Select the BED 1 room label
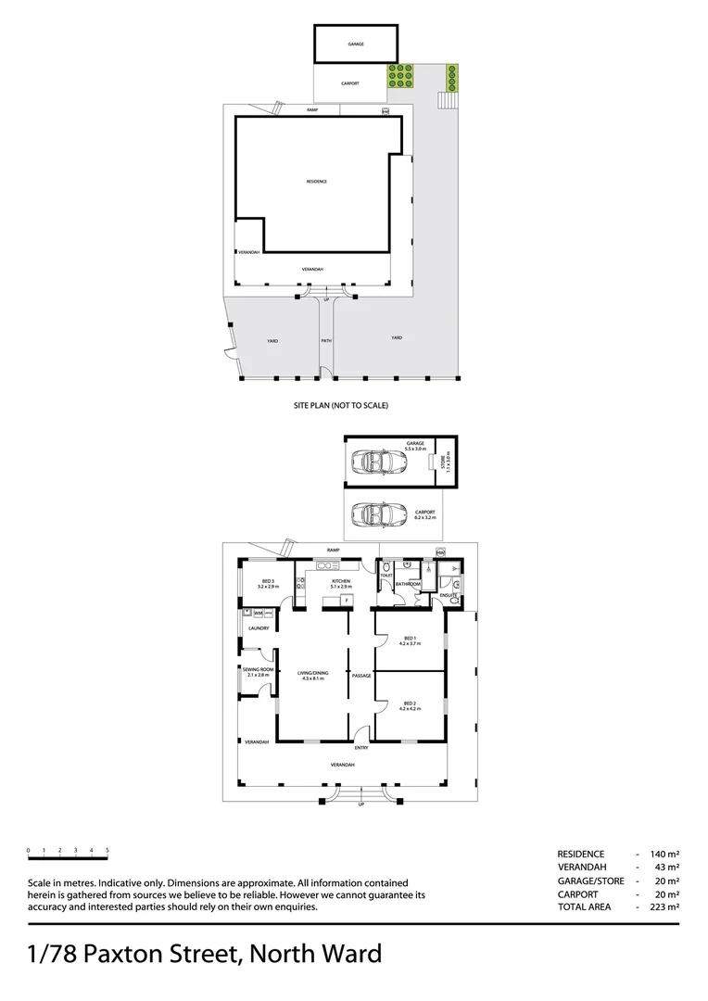[409, 638]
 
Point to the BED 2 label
[409, 703]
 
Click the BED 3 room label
[267, 582]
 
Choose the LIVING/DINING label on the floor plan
[312, 674]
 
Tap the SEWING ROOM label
[258, 670]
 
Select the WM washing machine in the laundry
[247, 614]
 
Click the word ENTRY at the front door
[361, 747]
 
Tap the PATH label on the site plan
[326, 341]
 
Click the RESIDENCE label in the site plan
[317, 182]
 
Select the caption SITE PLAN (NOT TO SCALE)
[340, 406]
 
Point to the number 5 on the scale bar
[107, 850]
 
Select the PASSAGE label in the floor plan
[361, 676]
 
